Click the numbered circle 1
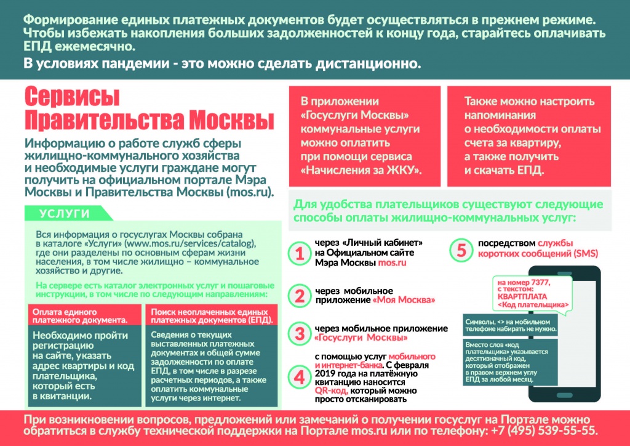pyautogui.click(x=300, y=253)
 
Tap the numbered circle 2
pyautogui.click(x=300, y=295)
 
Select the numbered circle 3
pyautogui.click(x=300, y=333)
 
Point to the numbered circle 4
pyautogui.click(x=300, y=376)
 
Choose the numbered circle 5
pyautogui.click(x=461, y=251)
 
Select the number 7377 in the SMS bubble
pyautogui.click(x=540, y=281)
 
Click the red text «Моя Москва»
pyautogui.click(x=405, y=300)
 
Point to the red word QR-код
pyautogui.click(x=330, y=391)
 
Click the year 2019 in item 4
pyautogui.click(x=326, y=374)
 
